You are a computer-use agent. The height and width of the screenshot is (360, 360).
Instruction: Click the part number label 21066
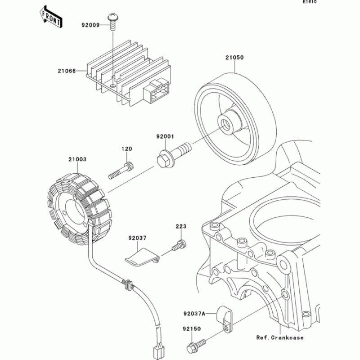[66, 71]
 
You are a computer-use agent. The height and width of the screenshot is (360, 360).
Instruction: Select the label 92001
[165, 135]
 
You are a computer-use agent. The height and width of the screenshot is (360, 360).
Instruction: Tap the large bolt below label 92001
[173, 153]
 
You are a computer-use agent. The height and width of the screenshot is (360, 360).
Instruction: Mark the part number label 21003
[77, 159]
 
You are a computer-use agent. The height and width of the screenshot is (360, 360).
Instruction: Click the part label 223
[180, 226]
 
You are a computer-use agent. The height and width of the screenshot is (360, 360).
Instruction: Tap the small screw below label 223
[179, 246]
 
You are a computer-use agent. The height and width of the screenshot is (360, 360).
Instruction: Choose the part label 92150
[192, 330]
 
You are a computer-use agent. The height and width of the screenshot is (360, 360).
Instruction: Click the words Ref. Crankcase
[280, 337]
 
